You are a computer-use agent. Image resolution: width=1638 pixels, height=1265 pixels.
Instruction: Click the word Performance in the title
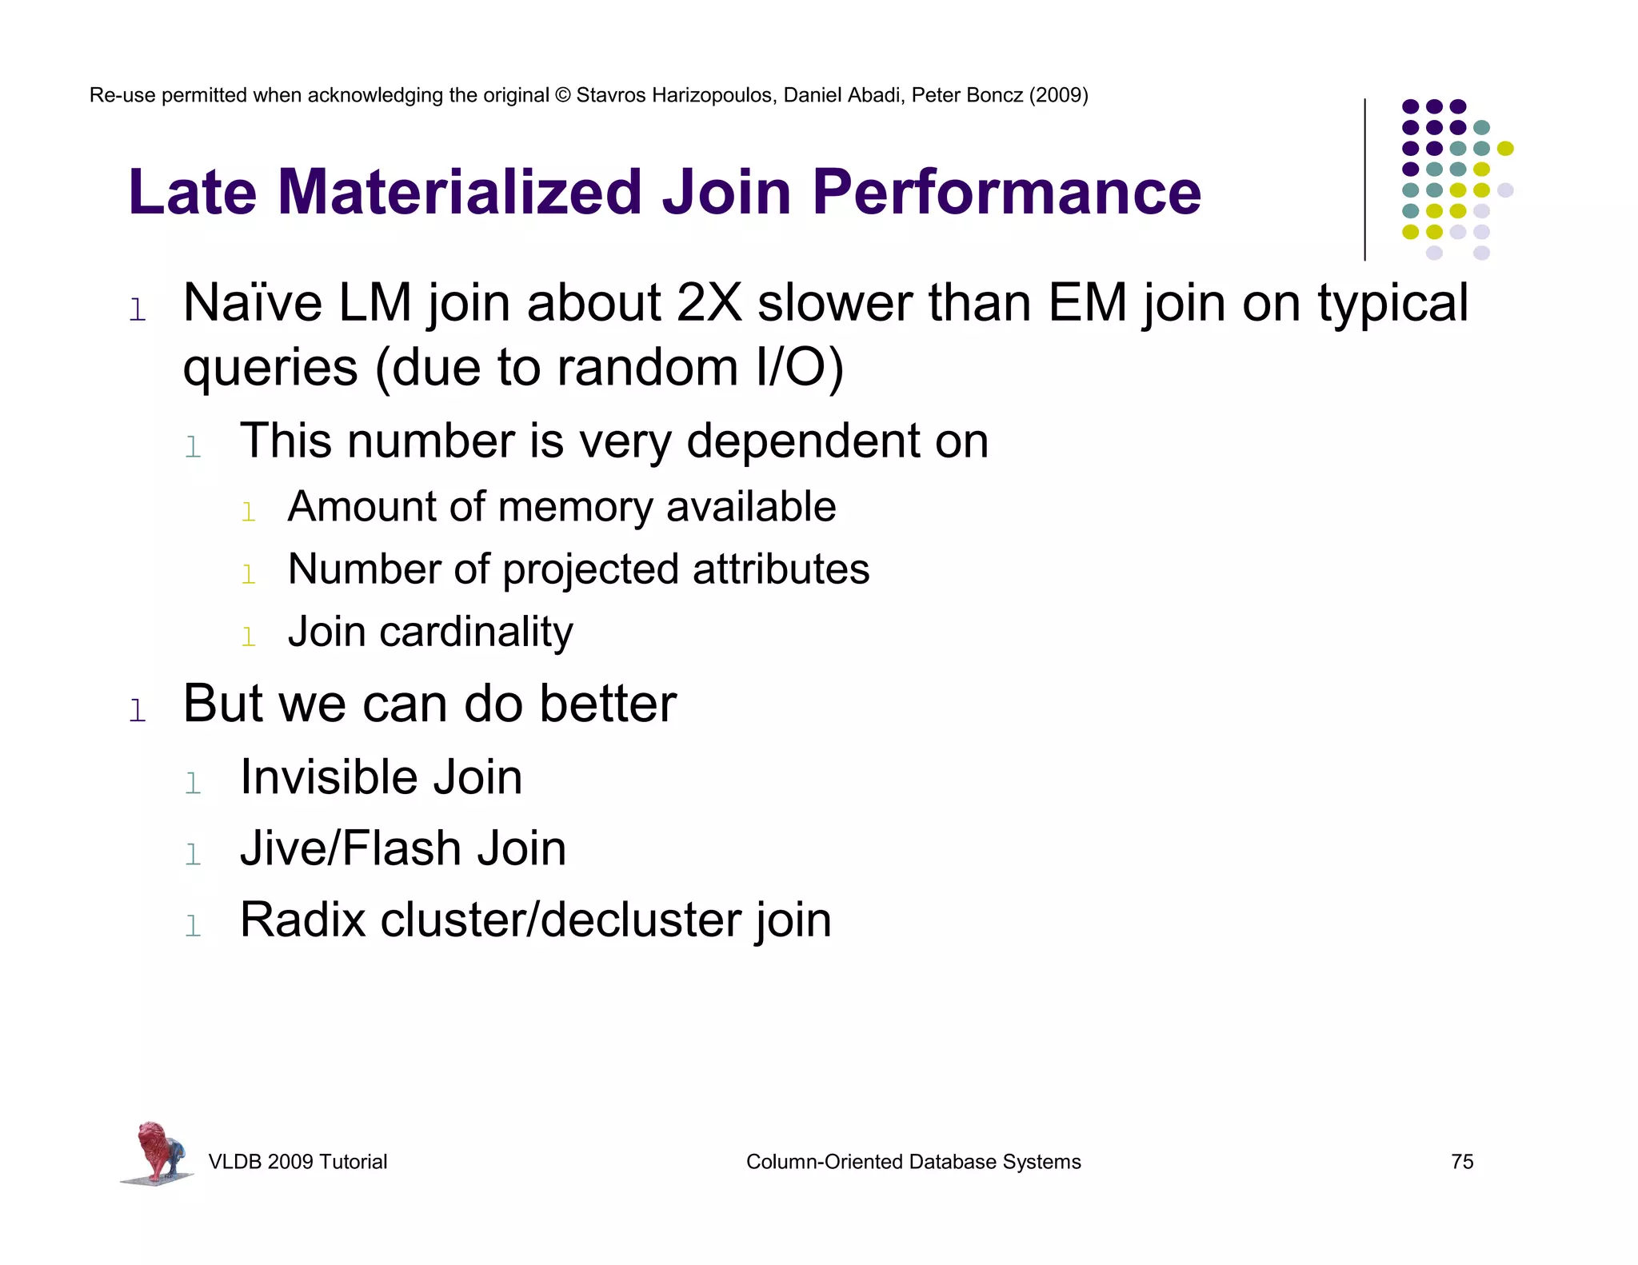click(1006, 193)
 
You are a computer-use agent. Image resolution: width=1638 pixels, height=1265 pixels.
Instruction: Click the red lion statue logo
click(157, 1151)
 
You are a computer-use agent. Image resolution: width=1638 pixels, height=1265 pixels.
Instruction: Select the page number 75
click(1461, 1162)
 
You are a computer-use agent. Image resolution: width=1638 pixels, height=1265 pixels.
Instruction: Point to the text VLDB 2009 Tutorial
click(298, 1162)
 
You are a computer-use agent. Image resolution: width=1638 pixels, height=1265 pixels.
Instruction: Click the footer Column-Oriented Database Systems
click(913, 1162)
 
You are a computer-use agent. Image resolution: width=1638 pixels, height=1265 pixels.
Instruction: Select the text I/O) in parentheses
click(799, 368)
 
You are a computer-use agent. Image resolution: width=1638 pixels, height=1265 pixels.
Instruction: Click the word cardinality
click(476, 632)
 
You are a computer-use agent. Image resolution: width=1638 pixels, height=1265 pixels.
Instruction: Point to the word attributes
click(781, 569)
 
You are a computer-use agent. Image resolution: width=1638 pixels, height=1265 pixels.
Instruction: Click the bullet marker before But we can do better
click(138, 710)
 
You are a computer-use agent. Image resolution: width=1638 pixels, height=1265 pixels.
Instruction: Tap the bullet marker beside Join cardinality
click(249, 637)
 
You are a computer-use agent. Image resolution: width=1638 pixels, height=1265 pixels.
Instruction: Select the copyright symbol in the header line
click(562, 96)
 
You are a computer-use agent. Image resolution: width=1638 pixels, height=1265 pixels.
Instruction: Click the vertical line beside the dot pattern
click(1364, 179)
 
